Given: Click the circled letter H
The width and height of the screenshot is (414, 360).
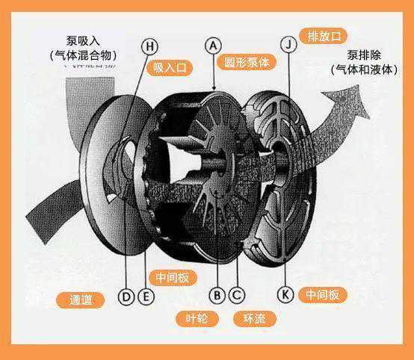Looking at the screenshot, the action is pyautogui.click(x=149, y=47).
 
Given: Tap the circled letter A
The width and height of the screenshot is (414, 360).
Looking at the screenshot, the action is pyautogui.click(x=213, y=46).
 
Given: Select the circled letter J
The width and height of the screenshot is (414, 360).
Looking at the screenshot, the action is pyautogui.click(x=288, y=44).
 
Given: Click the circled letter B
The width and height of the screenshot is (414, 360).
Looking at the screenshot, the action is pyautogui.click(x=217, y=295).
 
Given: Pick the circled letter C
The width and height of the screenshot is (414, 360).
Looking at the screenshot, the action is pyautogui.click(x=237, y=295).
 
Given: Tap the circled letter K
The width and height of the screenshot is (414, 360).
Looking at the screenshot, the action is pyautogui.click(x=285, y=294).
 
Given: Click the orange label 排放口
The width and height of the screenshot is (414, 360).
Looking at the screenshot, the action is pyautogui.click(x=323, y=36).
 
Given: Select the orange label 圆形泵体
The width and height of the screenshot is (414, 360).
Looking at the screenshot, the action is pyautogui.click(x=247, y=62).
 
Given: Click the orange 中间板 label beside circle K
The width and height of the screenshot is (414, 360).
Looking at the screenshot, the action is pyautogui.click(x=322, y=294).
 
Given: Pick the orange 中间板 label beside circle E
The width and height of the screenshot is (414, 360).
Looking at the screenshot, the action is pyautogui.click(x=173, y=278).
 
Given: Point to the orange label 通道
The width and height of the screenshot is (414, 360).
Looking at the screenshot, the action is pyautogui.click(x=81, y=300).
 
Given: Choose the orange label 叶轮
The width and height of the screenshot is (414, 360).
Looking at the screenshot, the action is pyautogui.click(x=197, y=319).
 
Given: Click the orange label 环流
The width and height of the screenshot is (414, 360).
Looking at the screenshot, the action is pyautogui.click(x=255, y=319).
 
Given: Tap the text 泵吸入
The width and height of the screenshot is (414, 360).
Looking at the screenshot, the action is pyautogui.click(x=83, y=41).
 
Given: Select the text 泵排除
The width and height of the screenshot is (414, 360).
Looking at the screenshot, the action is pyautogui.click(x=364, y=55).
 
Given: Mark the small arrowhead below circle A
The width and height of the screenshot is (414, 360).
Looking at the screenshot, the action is pyautogui.click(x=214, y=87).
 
